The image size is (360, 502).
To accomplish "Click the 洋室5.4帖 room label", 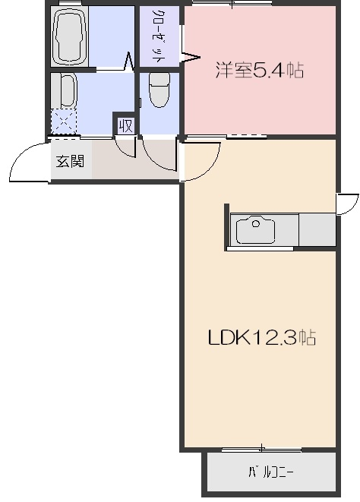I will [260, 71].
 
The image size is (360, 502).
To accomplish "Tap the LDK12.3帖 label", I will [262, 337].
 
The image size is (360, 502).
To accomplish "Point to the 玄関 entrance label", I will [68, 161].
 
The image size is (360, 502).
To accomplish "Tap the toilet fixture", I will [159, 91].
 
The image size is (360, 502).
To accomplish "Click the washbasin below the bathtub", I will [65, 91].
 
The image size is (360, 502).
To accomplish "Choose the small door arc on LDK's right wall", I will [348, 204].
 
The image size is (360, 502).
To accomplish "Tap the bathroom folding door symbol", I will [130, 59].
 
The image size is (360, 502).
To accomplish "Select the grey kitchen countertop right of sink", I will [317, 229].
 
